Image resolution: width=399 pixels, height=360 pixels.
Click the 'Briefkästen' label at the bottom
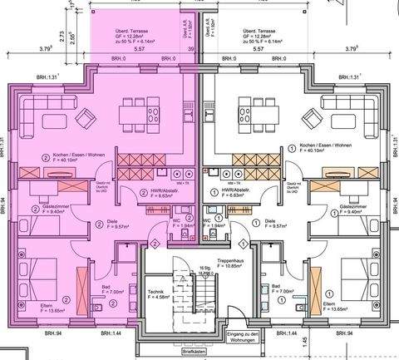click(x=195, y=352)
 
